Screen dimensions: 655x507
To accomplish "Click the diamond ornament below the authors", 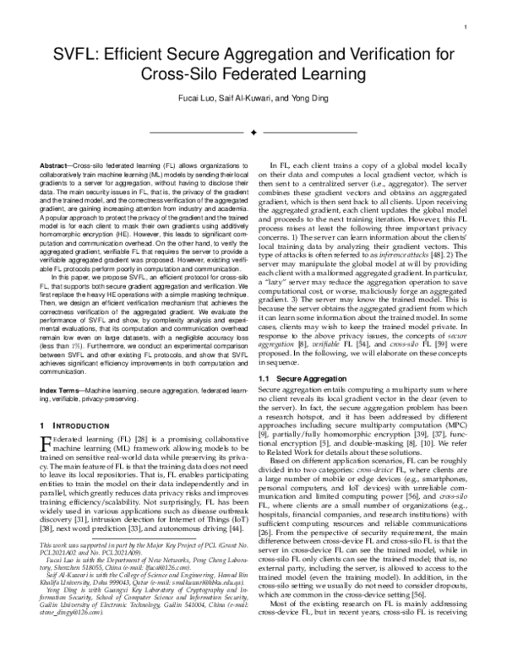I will click(x=253, y=132).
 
